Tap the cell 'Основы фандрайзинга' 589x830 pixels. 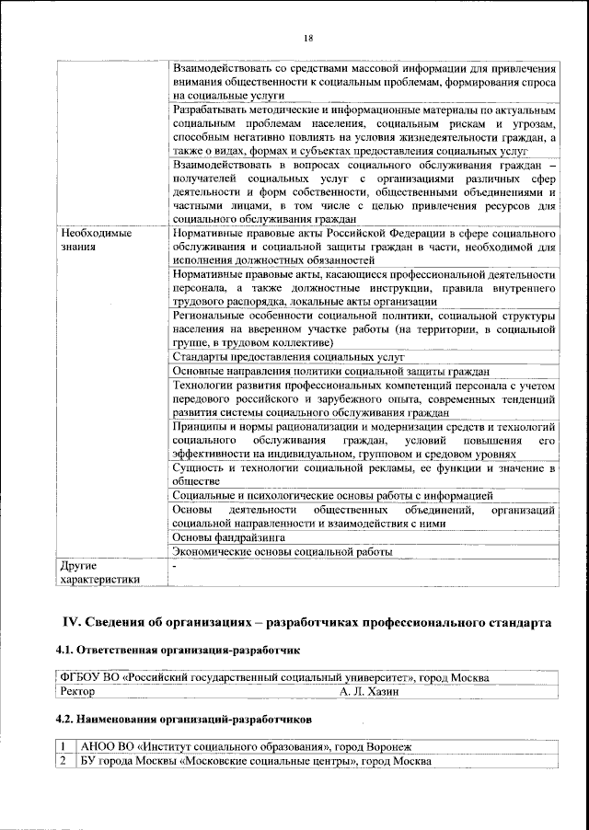pos(228,536)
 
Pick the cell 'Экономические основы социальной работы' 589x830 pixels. pos(283,552)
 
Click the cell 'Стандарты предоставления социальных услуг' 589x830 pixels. pos(289,356)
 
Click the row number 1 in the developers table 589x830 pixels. pos(63,746)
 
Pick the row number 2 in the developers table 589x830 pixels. pos(63,761)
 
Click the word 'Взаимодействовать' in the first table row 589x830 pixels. pos(221,68)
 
